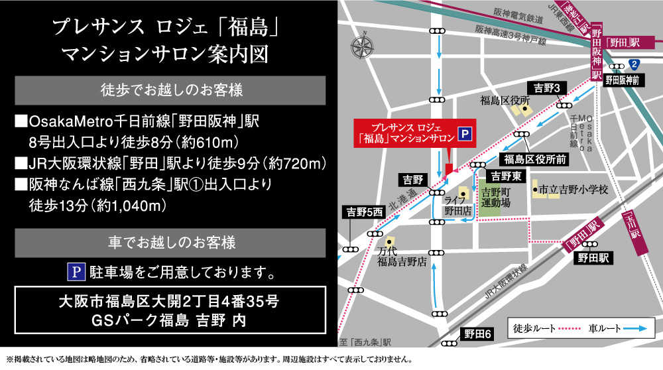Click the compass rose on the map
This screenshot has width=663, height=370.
[x=363, y=47]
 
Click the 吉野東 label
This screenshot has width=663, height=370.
[x=507, y=176]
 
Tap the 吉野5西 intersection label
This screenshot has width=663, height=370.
[x=365, y=212]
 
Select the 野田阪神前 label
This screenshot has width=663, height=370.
[x=622, y=80]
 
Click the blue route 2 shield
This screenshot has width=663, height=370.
[x=634, y=64]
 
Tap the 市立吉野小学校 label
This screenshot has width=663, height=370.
[x=573, y=190]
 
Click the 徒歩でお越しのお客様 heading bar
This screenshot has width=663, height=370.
[x=170, y=90]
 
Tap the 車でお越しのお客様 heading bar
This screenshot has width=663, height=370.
[x=170, y=243]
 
